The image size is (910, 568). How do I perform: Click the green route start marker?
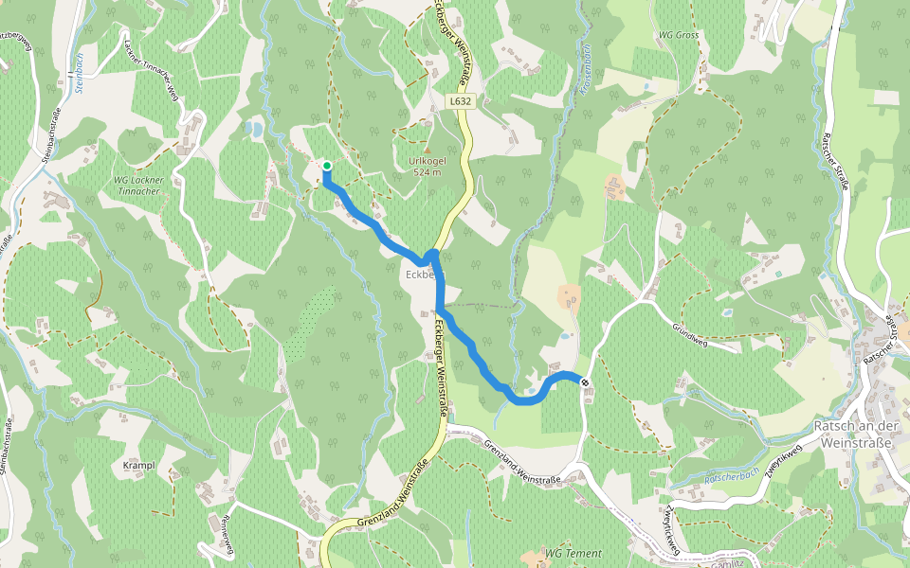[x=327, y=166]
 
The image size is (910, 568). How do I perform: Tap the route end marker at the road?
[x=585, y=382]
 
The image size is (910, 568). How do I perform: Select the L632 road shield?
[x=460, y=100]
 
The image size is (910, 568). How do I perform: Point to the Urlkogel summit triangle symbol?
[x=427, y=149]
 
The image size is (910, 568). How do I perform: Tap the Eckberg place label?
[x=423, y=275]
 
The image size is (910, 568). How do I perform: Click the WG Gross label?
[x=679, y=35]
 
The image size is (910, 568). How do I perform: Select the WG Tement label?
[x=573, y=553]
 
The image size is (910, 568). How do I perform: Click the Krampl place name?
[x=138, y=466]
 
